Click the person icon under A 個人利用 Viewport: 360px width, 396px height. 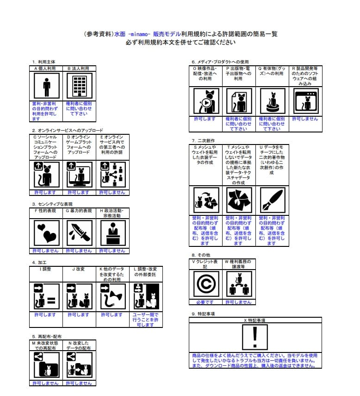coord(45,87)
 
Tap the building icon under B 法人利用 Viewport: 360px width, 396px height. coord(79,87)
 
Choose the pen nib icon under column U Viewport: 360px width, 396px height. coord(272,201)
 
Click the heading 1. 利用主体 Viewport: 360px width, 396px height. coord(43,62)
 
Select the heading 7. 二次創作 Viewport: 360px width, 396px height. coord(203,140)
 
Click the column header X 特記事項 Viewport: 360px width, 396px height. coord(255,320)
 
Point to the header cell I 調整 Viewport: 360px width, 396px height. coord(45,269)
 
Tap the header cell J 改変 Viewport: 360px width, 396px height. coord(79,269)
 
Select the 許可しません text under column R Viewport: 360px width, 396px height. coord(305,119)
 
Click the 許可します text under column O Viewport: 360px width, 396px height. coord(206,119)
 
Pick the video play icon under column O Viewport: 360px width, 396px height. coord(206,101)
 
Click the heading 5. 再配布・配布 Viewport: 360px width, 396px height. coord(47,336)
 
